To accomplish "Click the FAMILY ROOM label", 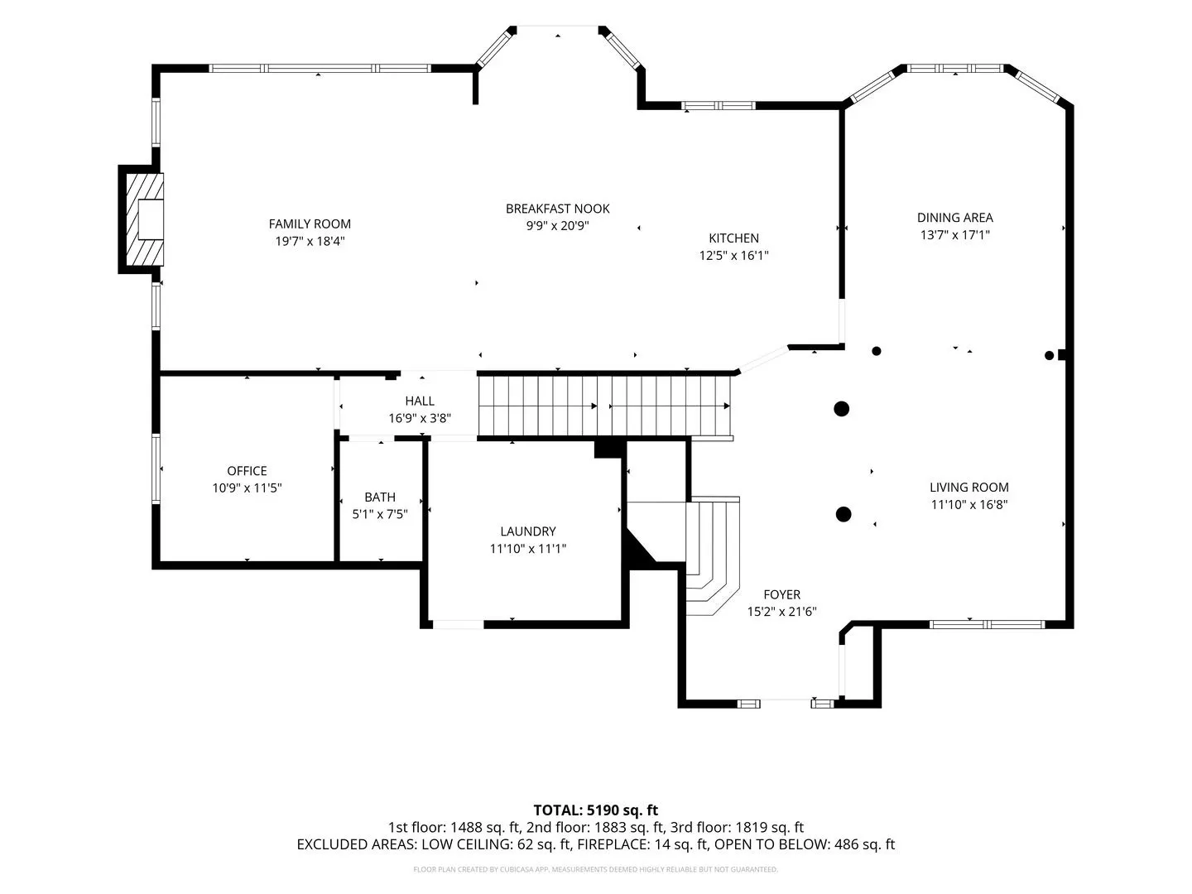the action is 310,223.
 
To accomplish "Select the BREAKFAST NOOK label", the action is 557,209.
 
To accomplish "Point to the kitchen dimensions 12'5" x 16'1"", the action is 733,255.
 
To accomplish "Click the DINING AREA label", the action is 954,218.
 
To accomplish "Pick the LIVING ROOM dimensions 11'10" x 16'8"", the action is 968,504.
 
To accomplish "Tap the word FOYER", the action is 781,594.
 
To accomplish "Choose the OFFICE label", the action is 247,471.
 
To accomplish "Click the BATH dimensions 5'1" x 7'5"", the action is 380,514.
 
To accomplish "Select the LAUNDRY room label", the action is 528,531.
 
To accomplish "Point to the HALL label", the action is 420,401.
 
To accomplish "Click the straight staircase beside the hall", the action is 604,406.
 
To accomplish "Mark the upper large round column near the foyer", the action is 841,409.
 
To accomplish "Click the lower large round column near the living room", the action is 843,514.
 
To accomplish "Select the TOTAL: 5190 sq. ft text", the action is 596,810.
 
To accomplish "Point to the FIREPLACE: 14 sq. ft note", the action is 642,844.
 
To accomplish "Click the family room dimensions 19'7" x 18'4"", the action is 310,241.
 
